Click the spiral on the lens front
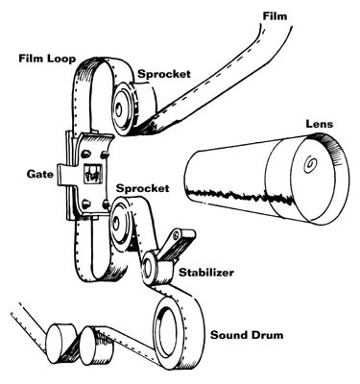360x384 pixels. (313, 165)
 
